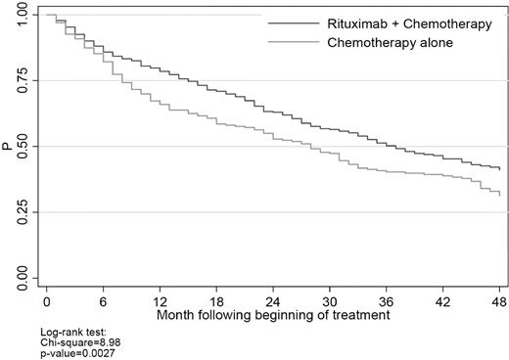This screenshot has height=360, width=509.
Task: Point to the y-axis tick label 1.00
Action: [22, 17]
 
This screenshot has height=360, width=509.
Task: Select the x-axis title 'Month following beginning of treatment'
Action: [273, 316]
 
